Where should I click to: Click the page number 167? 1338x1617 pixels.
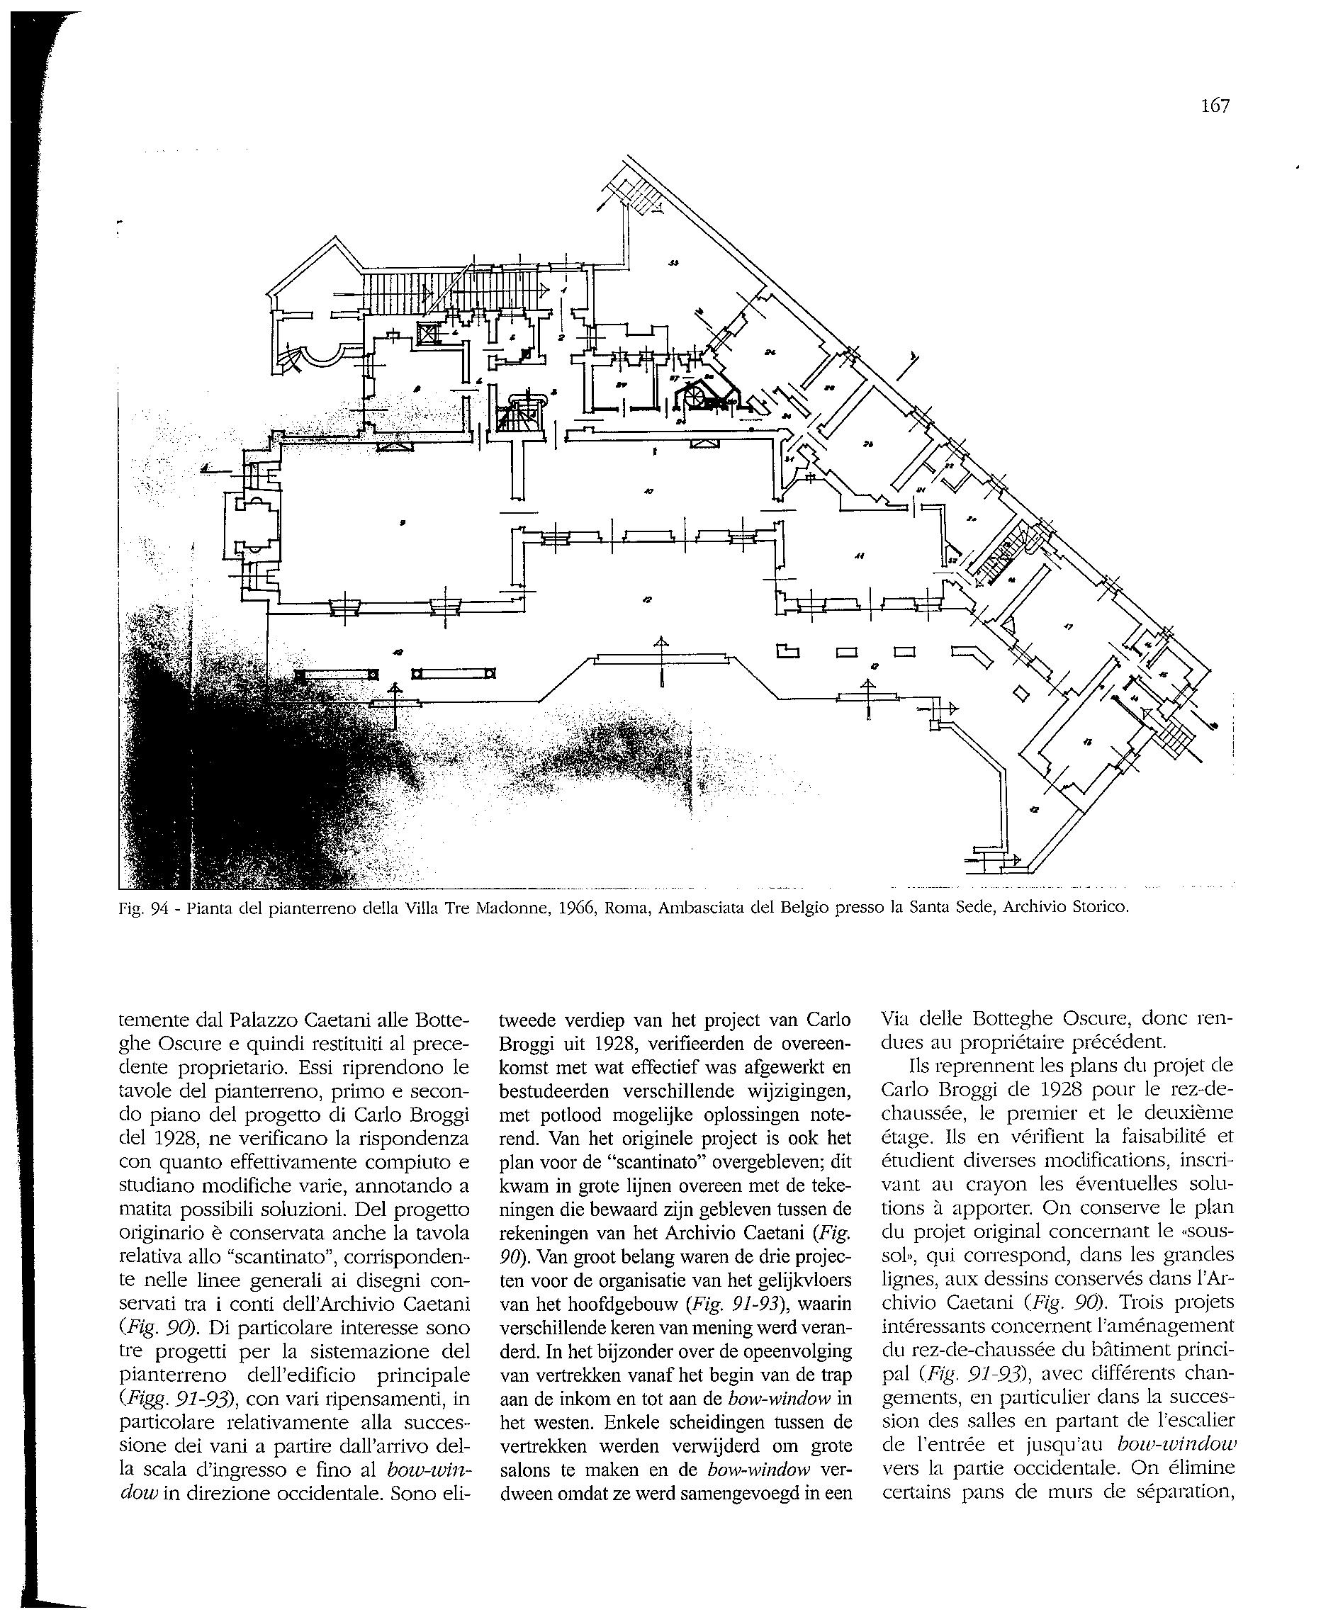pos(1215,106)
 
